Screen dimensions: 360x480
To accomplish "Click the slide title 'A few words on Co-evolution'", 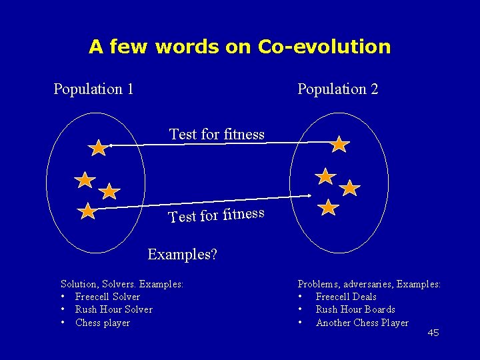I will click(239, 47).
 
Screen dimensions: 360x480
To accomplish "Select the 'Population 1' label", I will click(93, 89).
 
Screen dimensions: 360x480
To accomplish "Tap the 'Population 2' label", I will click(337, 89).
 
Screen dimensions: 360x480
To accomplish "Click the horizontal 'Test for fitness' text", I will click(217, 134).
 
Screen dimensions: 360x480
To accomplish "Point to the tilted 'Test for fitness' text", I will click(217, 215).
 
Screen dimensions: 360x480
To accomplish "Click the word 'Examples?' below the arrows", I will click(182, 254).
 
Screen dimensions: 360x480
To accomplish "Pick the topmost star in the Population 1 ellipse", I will click(98, 148).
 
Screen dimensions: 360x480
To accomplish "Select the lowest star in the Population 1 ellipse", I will click(87, 211).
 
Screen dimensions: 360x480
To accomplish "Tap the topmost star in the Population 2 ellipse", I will click(339, 144).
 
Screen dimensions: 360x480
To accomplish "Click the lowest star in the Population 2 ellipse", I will click(328, 207).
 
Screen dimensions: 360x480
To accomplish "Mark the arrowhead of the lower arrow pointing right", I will click(311, 195).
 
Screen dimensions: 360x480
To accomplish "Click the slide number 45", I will click(433, 333).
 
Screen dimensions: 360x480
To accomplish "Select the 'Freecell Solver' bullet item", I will click(107, 297).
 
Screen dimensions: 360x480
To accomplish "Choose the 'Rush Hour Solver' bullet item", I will click(113, 309).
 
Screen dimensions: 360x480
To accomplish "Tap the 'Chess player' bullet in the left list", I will click(102, 323).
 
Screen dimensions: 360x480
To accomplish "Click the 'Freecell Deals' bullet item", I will click(346, 297).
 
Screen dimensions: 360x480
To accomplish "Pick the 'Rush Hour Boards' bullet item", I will click(355, 309).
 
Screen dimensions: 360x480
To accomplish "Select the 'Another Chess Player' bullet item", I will click(362, 323).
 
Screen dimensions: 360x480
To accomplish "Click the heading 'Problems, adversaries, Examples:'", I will click(369, 284).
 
